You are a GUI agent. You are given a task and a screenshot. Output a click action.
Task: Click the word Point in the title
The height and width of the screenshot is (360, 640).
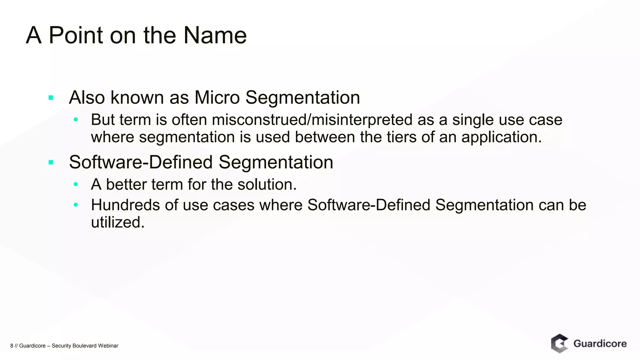[76, 35]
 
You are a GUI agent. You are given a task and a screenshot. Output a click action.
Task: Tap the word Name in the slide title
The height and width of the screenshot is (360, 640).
[215, 35]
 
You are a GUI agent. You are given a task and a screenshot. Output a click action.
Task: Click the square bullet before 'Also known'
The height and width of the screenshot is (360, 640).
[51, 98]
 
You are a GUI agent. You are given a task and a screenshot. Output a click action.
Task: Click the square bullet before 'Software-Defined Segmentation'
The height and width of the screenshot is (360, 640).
[51, 162]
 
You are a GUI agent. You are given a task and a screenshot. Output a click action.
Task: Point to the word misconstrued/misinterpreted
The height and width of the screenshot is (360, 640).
[312, 120]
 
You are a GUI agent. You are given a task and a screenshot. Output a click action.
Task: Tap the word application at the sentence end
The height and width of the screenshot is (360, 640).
[501, 137]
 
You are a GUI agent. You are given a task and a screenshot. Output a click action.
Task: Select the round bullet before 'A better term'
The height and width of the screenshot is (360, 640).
[76, 184]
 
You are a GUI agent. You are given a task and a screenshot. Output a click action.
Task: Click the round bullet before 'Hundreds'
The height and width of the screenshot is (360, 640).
[76, 205]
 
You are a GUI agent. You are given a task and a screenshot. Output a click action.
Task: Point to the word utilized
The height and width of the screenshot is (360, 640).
[117, 222]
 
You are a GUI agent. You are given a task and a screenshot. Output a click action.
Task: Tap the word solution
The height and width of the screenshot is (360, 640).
[267, 184]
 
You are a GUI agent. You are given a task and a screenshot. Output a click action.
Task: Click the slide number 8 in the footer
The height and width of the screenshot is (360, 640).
[12, 346]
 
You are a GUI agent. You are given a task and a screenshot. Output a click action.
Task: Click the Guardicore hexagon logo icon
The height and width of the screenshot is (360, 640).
[559, 343]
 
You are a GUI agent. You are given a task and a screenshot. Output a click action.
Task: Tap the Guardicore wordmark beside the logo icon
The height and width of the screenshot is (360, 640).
[600, 344]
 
